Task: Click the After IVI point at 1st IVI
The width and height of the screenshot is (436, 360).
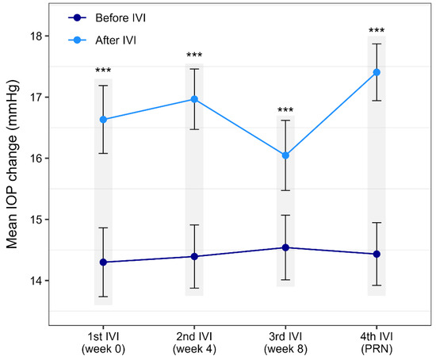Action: coord(103,120)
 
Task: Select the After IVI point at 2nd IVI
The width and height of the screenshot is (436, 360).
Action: coord(194,99)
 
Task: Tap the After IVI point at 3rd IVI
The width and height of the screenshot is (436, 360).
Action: coord(285,155)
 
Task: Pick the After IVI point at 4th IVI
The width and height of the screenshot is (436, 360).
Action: coord(377,72)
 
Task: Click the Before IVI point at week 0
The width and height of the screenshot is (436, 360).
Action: coord(103,262)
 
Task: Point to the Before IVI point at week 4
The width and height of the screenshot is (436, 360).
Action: coord(194,256)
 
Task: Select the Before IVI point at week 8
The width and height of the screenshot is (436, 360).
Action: coord(285,247)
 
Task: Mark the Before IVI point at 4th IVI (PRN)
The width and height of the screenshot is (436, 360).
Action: coord(377,254)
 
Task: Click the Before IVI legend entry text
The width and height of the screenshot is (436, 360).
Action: coord(120,17)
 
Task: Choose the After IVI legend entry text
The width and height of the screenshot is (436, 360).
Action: coord(116,40)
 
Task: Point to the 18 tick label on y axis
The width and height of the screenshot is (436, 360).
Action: coord(35,36)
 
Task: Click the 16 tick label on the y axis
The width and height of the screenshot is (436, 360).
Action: coord(35,159)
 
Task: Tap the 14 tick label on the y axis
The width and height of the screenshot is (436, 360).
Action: coord(35,281)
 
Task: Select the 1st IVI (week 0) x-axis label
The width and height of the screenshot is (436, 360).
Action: coord(103,343)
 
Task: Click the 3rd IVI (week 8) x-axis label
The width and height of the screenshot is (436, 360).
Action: coord(285,343)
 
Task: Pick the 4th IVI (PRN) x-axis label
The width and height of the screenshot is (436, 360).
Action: coord(377,343)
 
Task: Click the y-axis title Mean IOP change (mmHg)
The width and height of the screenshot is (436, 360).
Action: coord(12,164)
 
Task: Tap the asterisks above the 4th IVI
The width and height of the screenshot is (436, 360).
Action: coord(377,30)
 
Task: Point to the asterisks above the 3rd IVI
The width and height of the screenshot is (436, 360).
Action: coord(285,110)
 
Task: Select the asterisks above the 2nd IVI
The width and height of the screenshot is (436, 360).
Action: coord(194,55)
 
